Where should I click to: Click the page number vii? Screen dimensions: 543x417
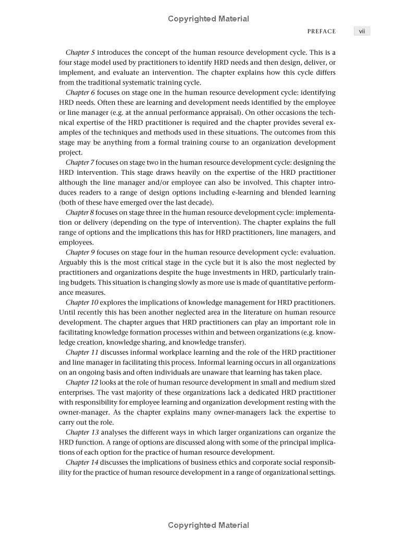361,31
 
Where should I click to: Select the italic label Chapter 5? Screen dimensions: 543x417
80,53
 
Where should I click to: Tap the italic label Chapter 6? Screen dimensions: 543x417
80,92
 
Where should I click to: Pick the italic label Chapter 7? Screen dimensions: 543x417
80,163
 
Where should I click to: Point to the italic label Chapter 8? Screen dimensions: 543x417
80,212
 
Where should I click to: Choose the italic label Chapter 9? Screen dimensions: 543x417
80,252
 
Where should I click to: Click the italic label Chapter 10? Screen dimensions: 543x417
82,303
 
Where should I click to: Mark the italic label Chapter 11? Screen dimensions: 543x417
82,353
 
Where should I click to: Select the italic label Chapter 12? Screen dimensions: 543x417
82,383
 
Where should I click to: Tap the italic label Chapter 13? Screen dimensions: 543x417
82,432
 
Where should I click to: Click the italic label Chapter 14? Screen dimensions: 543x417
82,463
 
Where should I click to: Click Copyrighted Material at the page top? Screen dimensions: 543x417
208,19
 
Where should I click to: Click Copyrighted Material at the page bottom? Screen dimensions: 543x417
208,525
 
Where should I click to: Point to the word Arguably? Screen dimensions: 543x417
74,262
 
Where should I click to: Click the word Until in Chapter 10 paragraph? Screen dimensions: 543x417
68,312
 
